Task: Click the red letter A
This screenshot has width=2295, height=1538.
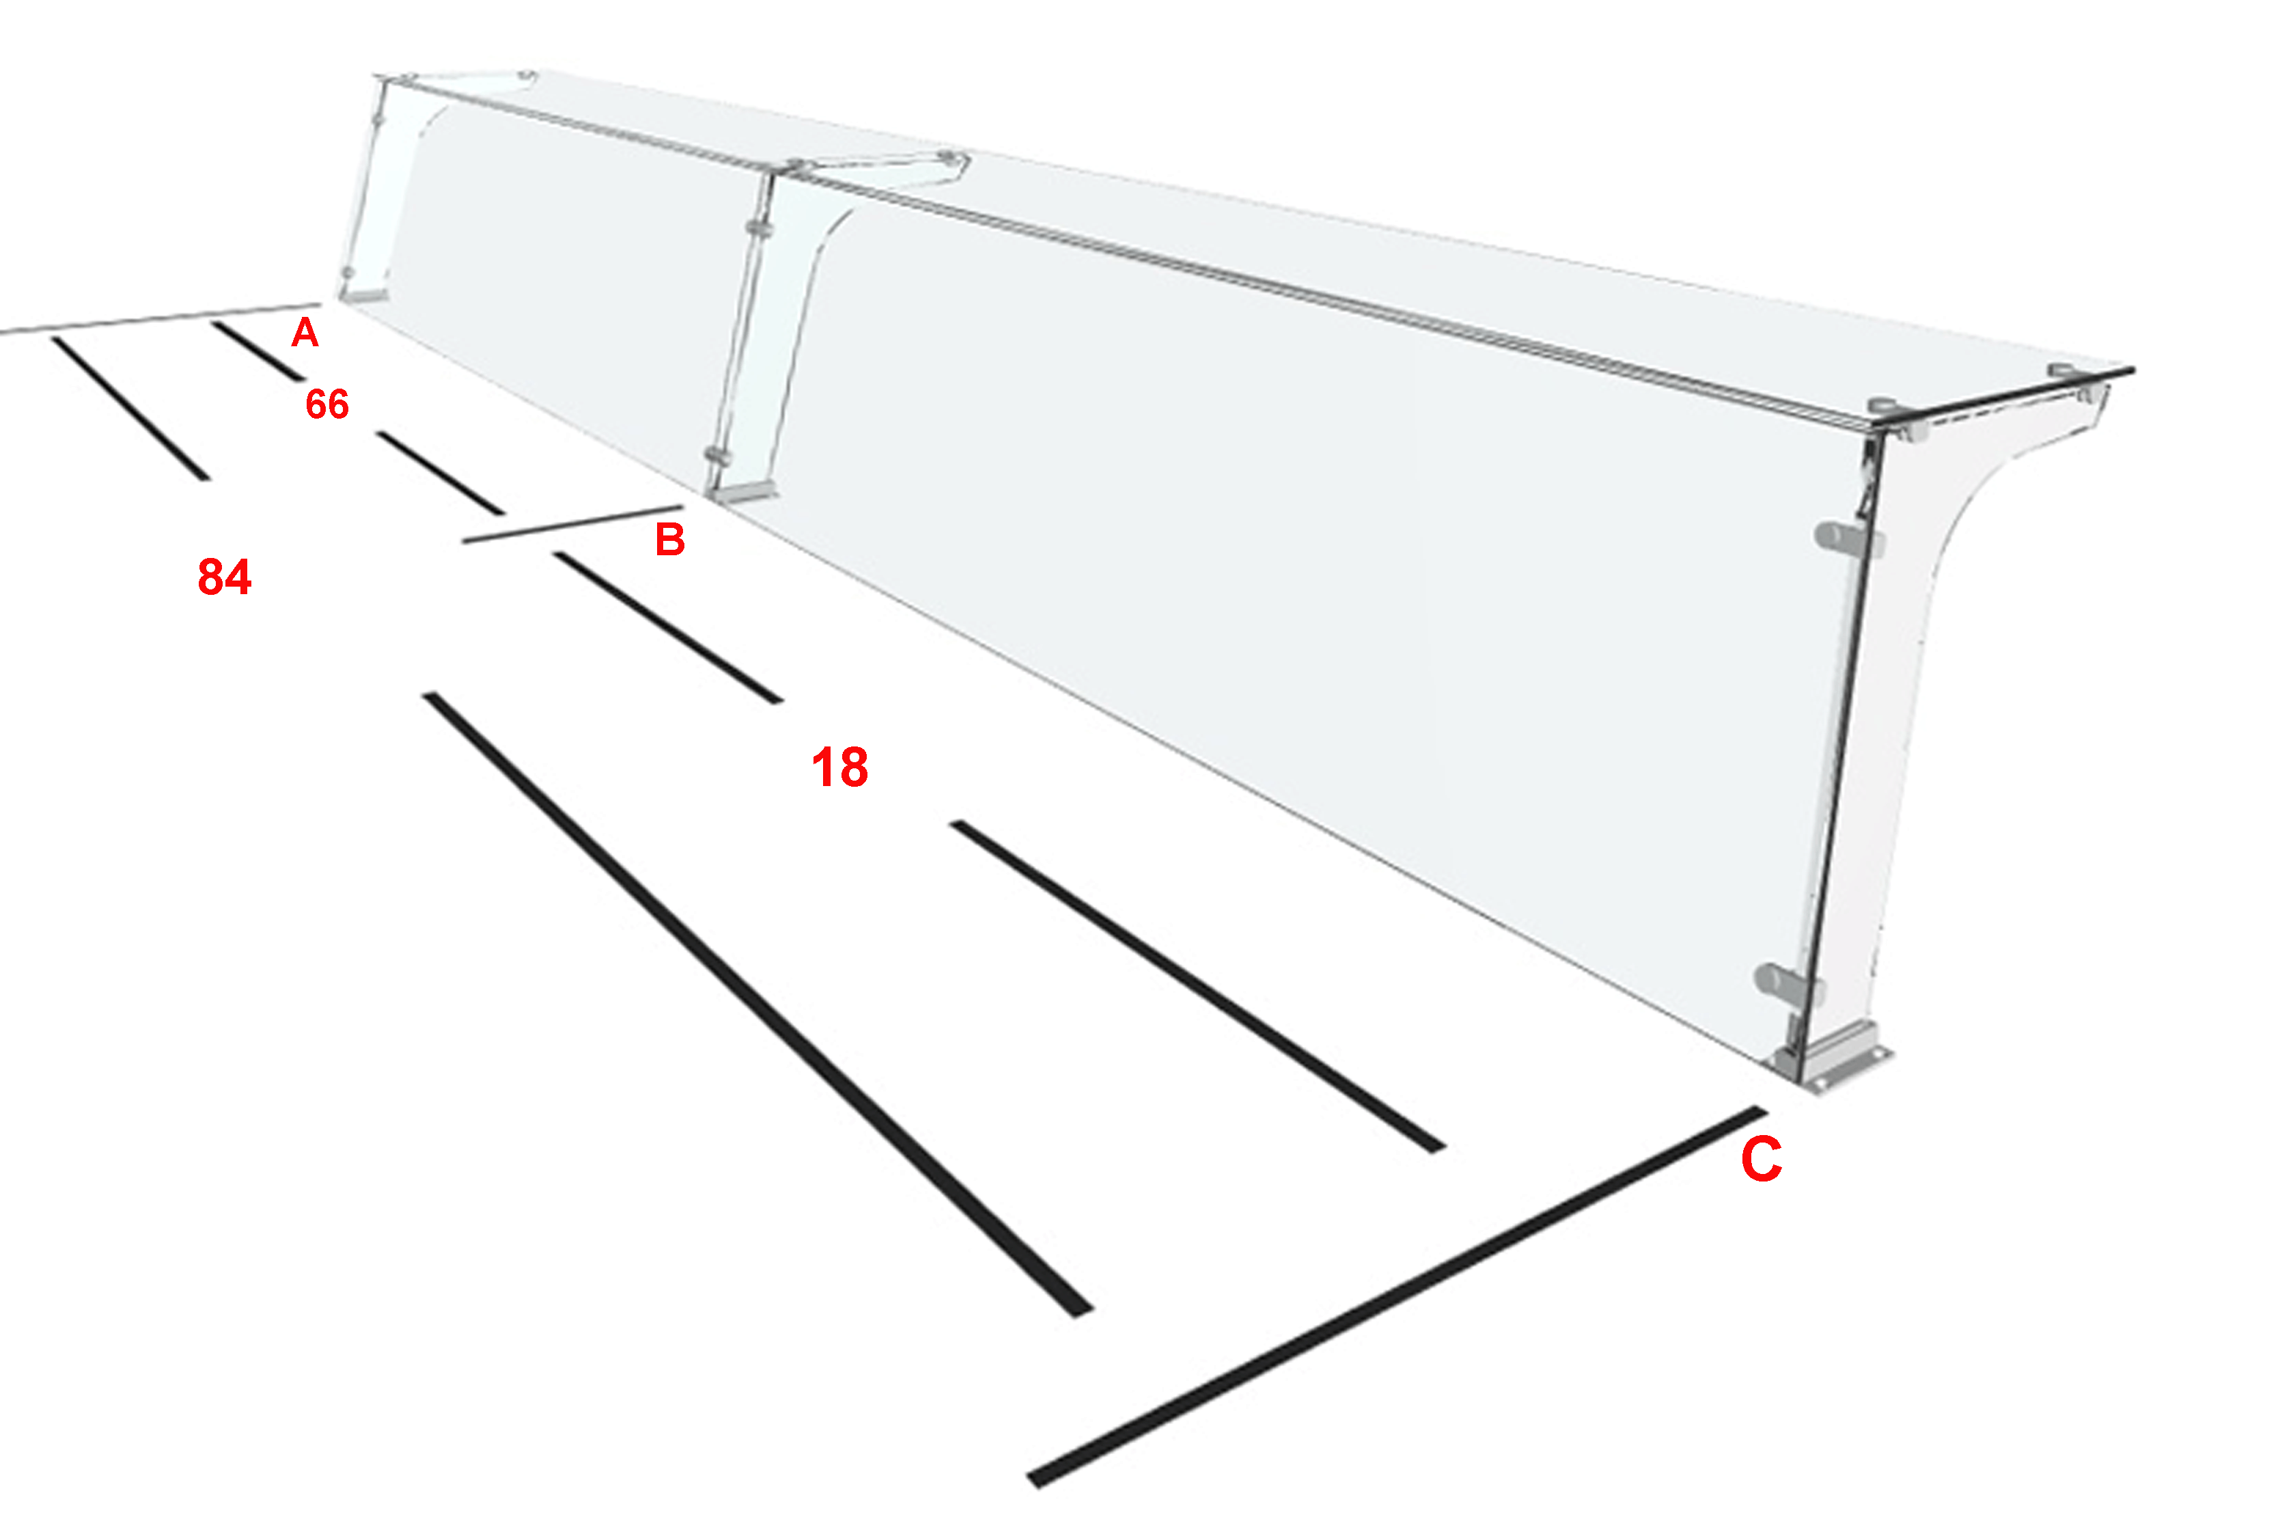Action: [305, 333]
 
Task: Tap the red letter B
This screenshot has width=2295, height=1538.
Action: [670, 540]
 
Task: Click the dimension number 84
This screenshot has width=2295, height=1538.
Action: [225, 576]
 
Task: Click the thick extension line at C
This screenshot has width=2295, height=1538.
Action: [1397, 1297]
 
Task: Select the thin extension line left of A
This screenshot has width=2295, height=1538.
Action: [160, 319]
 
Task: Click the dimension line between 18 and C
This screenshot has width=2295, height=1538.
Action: [1197, 987]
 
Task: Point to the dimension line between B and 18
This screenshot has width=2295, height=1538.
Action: [668, 628]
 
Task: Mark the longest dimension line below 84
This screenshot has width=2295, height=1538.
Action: [758, 1005]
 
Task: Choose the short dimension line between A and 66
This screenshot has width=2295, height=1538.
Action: [259, 350]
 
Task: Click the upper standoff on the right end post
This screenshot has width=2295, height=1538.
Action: [1847, 537]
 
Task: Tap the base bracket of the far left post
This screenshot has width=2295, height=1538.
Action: [364, 293]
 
